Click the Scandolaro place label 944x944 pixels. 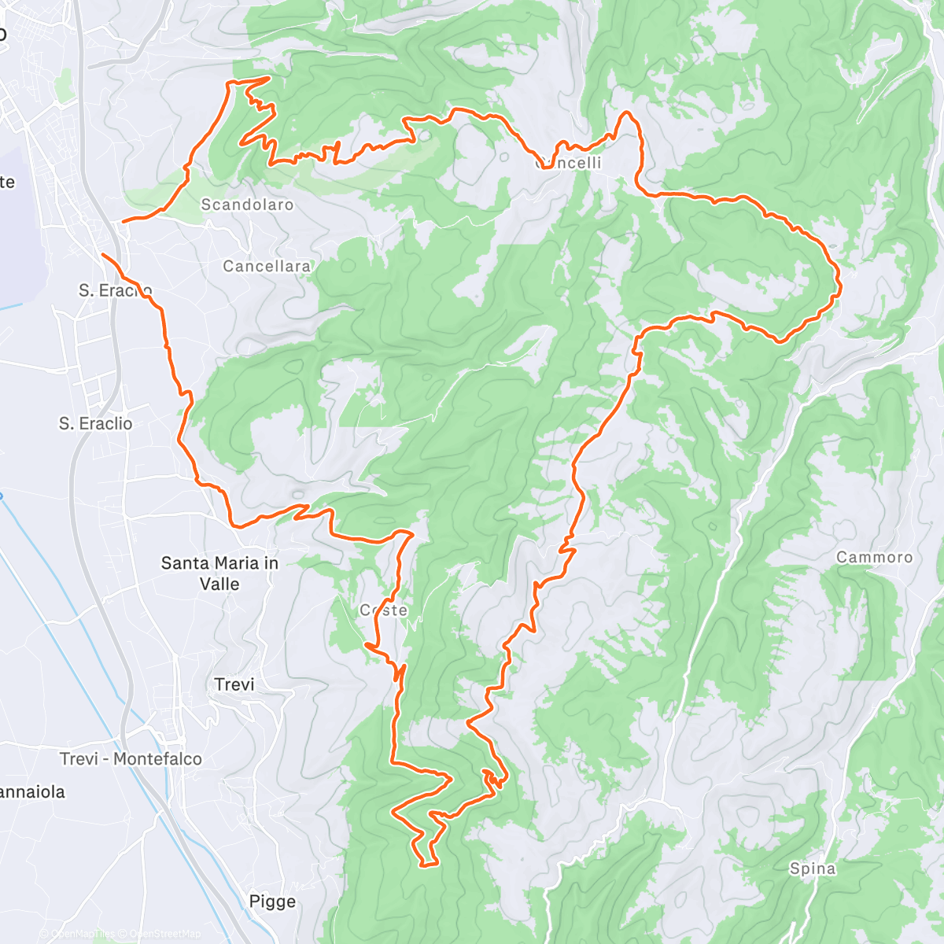tap(247, 205)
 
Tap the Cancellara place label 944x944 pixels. tap(267, 267)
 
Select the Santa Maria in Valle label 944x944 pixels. tap(219, 573)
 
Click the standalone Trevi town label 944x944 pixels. tap(234, 684)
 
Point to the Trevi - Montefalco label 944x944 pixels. tap(131, 759)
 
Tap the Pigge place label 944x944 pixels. tap(272, 902)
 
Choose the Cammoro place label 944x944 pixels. tap(874, 558)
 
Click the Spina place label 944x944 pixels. tap(812, 868)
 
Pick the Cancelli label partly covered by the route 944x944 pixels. tap(569, 163)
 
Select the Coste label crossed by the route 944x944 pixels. tap(384, 610)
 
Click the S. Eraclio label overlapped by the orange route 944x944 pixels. tap(115, 290)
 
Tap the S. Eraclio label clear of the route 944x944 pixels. tap(96, 424)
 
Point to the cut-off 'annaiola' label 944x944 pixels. tap(32, 792)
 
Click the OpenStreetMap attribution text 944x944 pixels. tap(164, 934)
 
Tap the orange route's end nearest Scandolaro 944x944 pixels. tap(124, 222)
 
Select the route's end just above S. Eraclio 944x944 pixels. tap(103, 254)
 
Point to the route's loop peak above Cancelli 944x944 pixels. tap(628, 113)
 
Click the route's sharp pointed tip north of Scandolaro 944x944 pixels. tap(270, 77)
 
